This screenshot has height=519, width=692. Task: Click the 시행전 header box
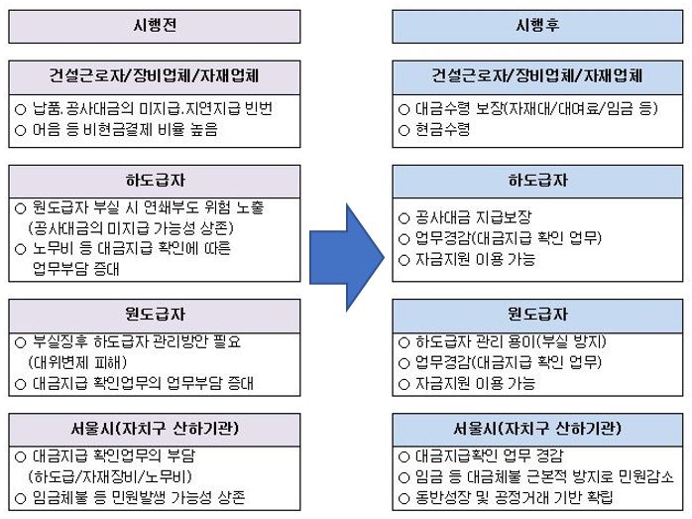point(155,27)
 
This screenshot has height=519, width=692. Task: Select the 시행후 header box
point(537,27)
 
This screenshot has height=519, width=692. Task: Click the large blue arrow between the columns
point(347,257)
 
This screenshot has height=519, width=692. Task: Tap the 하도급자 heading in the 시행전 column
point(155,181)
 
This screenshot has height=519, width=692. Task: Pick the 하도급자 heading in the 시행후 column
point(538,181)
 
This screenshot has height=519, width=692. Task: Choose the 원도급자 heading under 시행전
point(155,314)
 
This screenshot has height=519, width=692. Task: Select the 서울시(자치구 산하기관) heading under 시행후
point(537,429)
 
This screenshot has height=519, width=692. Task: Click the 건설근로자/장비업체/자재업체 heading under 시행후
point(537,76)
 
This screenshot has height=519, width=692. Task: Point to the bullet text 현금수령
point(442,130)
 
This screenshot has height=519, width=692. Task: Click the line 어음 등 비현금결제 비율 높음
point(125,130)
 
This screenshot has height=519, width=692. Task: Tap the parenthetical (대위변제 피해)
point(77,362)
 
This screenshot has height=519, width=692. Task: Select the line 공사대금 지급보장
point(474,217)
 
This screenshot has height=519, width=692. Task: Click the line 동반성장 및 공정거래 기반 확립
point(515,498)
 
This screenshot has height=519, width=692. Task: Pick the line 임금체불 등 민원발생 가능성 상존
point(139,498)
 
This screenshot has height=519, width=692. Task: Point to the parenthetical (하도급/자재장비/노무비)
point(110,477)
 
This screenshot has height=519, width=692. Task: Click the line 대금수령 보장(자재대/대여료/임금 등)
point(536,108)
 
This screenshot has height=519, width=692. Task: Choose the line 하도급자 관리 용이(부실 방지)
point(511,342)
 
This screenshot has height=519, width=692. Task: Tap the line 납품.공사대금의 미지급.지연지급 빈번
point(153,108)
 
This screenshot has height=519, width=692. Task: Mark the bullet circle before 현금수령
point(404,131)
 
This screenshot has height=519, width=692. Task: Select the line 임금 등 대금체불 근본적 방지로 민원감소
point(545,477)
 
